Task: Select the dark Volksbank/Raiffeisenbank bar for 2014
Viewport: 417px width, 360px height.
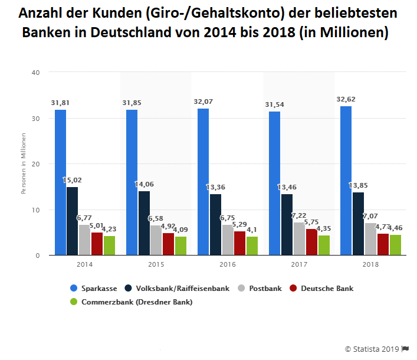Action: [x=72, y=221]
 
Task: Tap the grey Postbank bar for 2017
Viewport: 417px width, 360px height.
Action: [x=299, y=238]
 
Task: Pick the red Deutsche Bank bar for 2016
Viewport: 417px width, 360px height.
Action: [x=239, y=243]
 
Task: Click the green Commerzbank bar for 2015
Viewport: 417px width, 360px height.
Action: [x=180, y=246]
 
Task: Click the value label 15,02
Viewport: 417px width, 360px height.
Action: [x=72, y=180]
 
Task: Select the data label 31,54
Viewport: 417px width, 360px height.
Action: [x=274, y=104]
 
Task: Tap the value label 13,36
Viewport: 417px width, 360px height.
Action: [x=215, y=187]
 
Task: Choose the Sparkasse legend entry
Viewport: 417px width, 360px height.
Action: [x=94, y=289]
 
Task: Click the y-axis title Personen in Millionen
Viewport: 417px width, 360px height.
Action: [x=24, y=163]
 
